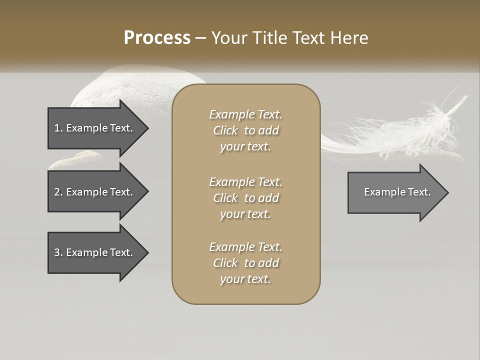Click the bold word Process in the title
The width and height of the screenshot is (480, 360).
157,38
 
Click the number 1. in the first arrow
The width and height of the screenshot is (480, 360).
58,128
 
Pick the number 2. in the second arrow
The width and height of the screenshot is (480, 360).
58,192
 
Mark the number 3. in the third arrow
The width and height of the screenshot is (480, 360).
58,252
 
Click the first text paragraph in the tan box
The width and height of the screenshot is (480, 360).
246,130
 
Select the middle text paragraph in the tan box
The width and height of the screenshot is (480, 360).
246,197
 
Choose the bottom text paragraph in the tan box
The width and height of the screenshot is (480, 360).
246,263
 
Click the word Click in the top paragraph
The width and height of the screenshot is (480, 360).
225,130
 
